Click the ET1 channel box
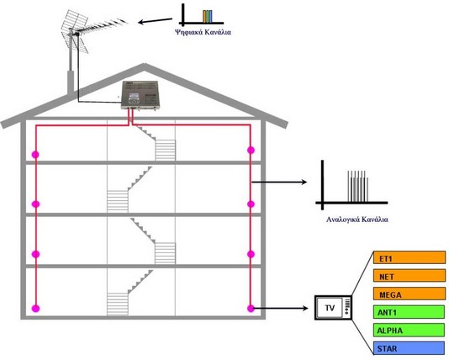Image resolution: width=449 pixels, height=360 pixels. tap(409, 257)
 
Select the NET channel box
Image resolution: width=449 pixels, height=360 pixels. tap(409, 276)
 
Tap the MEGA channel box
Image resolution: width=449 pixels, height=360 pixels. tap(409, 294)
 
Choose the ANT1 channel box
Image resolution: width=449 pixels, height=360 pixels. tap(409, 312)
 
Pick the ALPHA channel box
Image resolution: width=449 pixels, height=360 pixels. tap(409, 330)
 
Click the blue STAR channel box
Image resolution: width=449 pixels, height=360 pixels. tap(409, 348)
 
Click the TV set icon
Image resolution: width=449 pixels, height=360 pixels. tap(333, 308)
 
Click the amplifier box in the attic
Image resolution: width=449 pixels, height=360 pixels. tap(140, 95)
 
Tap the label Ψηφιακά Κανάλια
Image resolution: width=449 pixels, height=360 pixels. tap(203, 32)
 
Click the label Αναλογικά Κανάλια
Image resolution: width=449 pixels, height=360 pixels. tap(357, 220)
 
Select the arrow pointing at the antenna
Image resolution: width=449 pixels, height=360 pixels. tap(155, 21)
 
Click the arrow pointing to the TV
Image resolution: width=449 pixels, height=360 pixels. tap(281, 308)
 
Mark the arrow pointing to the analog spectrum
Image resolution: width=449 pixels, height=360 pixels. tap(279, 182)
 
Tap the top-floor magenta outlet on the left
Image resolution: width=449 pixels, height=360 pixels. tap(35, 155)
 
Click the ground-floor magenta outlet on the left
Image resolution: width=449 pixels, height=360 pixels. tap(35, 309)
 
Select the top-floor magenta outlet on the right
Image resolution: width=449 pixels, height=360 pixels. tap(251, 150)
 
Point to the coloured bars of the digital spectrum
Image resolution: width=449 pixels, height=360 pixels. tap(208, 16)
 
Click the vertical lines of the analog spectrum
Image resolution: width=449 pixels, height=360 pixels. tap(358, 186)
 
